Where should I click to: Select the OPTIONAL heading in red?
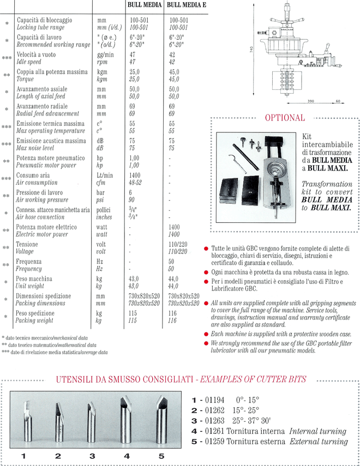[x=284, y=118]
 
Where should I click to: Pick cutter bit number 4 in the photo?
[x=127, y=420]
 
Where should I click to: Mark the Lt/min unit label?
[x=105, y=175]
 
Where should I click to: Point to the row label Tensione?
[x=27, y=245]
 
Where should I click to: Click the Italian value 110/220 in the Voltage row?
[x=178, y=245]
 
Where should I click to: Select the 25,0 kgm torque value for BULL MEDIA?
[x=134, y=71]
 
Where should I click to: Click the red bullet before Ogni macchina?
[x=206, y=271]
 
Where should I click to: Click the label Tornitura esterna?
[x=255, y=441]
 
